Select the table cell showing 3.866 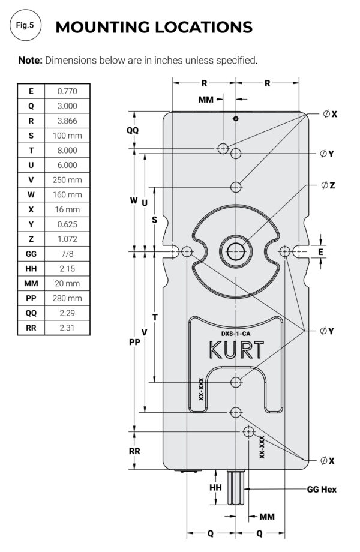click(x=67, y=121)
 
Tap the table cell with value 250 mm click(x=67, y=179)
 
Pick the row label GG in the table click(x=31, y=254)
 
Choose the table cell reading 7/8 click(x=67, y=254)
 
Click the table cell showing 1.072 click(x=67, y=239)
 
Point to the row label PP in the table click(x=31, y=298)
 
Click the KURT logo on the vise click(x=235, y=350)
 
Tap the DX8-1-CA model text click(x=235, y=333)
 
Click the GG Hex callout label click(x=321, y=490)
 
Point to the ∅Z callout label click(x=328, y=185)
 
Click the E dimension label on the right click(x=320, y=252)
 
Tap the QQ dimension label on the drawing click(x=133, y=130)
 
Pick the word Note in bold click(x=30, y=60)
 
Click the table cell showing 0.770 click(x=67, y=91)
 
